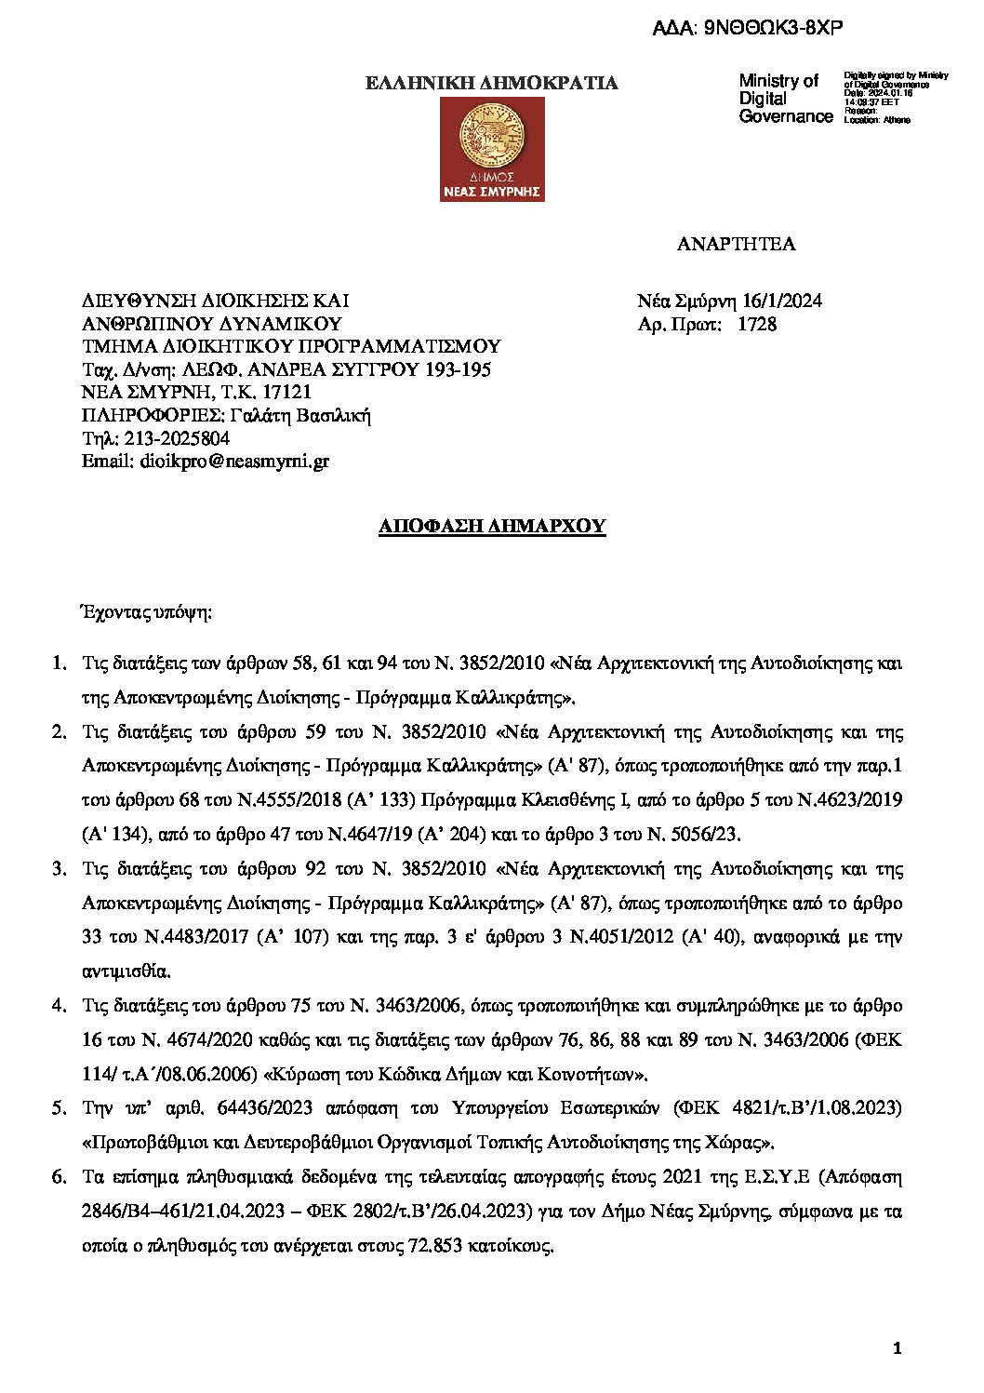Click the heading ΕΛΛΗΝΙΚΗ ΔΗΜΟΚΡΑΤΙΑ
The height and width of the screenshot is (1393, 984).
click(x=491, y=83)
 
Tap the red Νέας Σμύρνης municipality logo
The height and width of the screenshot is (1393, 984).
click(x=492, y=149)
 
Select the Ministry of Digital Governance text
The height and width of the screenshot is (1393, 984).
click(x=785, y=99)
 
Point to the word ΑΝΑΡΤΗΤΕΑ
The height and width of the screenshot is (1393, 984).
click(x=736, y=244)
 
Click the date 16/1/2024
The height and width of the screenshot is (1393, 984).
click(x=781, y=301)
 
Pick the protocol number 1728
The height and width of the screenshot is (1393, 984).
click(x=757, y=324)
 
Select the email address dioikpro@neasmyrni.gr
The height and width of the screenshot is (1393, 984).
click(x=234, y=461)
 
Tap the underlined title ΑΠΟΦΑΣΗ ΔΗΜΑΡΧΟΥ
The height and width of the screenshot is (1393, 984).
click(x=492, y=526)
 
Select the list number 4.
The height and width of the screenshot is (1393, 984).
click(x=59, y=1005)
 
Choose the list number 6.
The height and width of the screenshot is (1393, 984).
click(x=59, y=1176)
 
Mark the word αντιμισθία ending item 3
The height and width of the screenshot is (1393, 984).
click(x=126, y=971)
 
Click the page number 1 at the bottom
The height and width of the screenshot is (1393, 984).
click(x=897, y=1348)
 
